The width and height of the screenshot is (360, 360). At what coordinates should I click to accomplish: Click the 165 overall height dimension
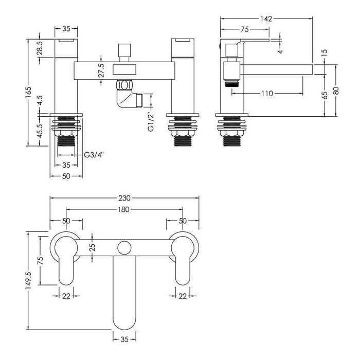tap(30, 92)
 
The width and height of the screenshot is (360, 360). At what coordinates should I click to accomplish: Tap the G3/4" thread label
tap(95, 154)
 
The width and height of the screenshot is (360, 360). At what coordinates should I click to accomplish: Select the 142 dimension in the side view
tap(266, 19)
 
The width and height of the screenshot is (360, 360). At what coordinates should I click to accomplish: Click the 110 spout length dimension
tap(266, 93)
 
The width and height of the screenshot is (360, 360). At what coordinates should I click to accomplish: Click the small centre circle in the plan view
tap(124, 248)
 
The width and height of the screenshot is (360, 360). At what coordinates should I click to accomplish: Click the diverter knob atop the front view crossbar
tap(123, 51)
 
